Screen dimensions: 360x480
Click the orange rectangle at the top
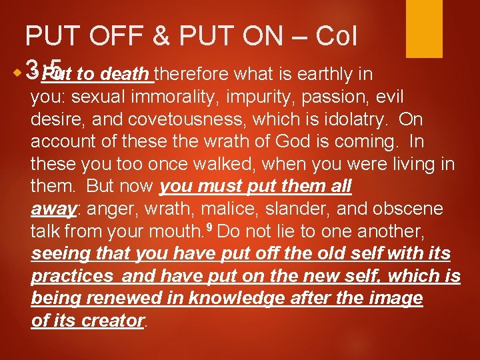pyautogui.click(x=424, y=28)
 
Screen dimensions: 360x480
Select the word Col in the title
pyautogui.click(x=335, y=37)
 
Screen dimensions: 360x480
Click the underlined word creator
pyautogui.click(x=112, y=321)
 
